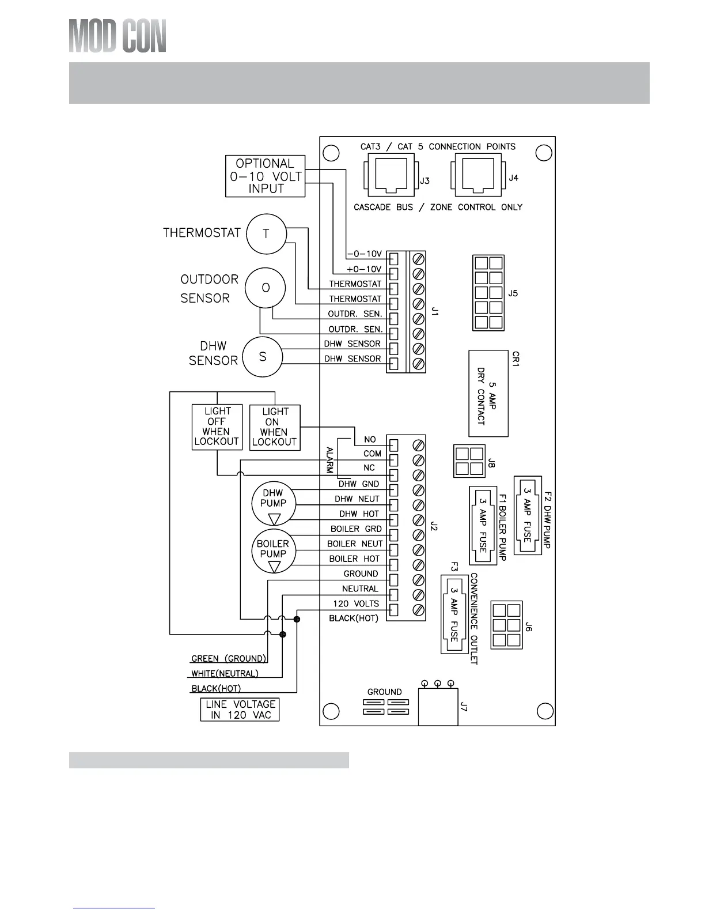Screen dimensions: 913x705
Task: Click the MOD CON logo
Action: [x=117, y=36]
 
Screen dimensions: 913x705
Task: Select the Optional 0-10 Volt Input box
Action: [x=265, y=176]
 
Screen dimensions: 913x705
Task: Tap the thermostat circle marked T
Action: [x=266, y=233]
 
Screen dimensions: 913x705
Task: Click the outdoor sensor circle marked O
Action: [x=266, y=288]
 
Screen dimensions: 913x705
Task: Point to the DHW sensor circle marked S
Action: [x=263, y=357]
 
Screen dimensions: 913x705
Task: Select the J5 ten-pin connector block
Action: [x=488, y=293]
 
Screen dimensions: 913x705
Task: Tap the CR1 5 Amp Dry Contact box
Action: [x=488, y=393]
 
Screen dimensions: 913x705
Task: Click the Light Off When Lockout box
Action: [x=217, y=427]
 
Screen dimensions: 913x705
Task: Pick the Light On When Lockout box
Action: [x=275, y=427]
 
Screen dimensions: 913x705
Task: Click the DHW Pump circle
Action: [x=273, y=503]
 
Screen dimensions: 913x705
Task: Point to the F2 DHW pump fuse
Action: [x=528, y=515]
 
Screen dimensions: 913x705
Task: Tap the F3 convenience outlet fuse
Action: [x=454, y=614]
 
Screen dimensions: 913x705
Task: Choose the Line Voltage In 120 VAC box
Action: [x=240, y=710]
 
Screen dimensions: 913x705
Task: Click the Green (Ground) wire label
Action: [x=228, y=658]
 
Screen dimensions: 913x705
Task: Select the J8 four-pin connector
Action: [x=469, y=461]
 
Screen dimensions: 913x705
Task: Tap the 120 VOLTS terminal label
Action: [x=356, y=603]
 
